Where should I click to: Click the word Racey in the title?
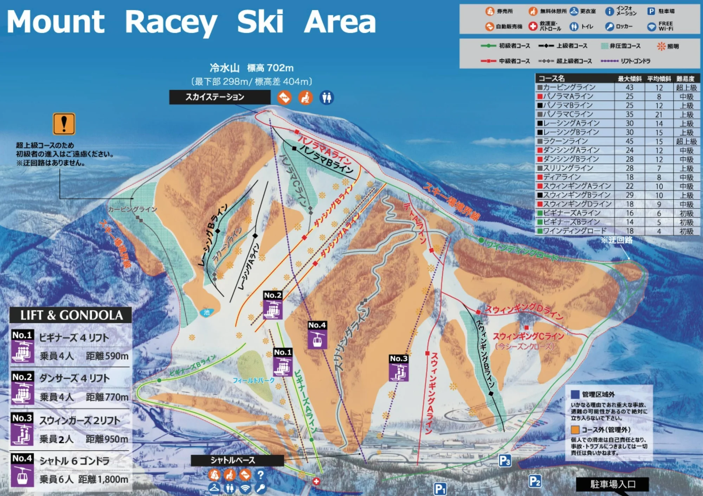171,22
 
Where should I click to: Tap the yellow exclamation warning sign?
64,124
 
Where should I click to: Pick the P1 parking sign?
440,489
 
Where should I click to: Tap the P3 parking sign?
505,460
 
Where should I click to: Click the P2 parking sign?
535,481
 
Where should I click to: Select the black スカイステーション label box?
220,97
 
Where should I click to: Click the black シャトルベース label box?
237,460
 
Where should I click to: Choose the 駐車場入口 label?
613,485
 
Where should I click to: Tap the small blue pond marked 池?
207,312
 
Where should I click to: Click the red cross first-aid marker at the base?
316,481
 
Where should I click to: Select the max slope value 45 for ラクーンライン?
629,141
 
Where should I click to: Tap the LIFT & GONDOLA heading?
71,315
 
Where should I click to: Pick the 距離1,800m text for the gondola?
103,479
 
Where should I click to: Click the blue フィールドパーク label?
253,380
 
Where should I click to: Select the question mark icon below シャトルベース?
260,475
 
